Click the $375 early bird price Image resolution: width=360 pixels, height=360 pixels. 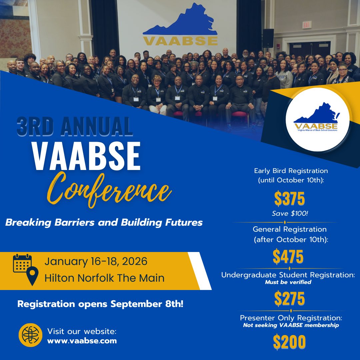coord(290,199)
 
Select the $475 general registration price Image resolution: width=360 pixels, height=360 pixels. coord(288,256)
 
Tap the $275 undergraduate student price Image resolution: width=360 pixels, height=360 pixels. coord(289,299)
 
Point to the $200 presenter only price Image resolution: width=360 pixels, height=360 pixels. coord(289,342)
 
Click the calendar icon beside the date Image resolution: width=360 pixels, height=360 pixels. coord(22,263)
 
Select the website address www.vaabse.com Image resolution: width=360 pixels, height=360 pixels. coord(82,341)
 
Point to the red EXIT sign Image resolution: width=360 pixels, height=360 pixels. coord(307,25)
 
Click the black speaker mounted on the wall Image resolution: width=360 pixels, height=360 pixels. coord(268,38)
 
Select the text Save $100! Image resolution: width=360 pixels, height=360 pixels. coord(290,213)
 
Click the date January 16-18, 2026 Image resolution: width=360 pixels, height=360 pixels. coord(96,261)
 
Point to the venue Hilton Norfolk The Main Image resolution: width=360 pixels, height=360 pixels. coord(104,278)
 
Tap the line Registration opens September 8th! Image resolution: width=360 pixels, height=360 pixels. coord(100,304)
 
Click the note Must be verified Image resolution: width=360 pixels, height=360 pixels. coord(288,282)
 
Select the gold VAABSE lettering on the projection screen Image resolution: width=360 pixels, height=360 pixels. coord(181,40)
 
